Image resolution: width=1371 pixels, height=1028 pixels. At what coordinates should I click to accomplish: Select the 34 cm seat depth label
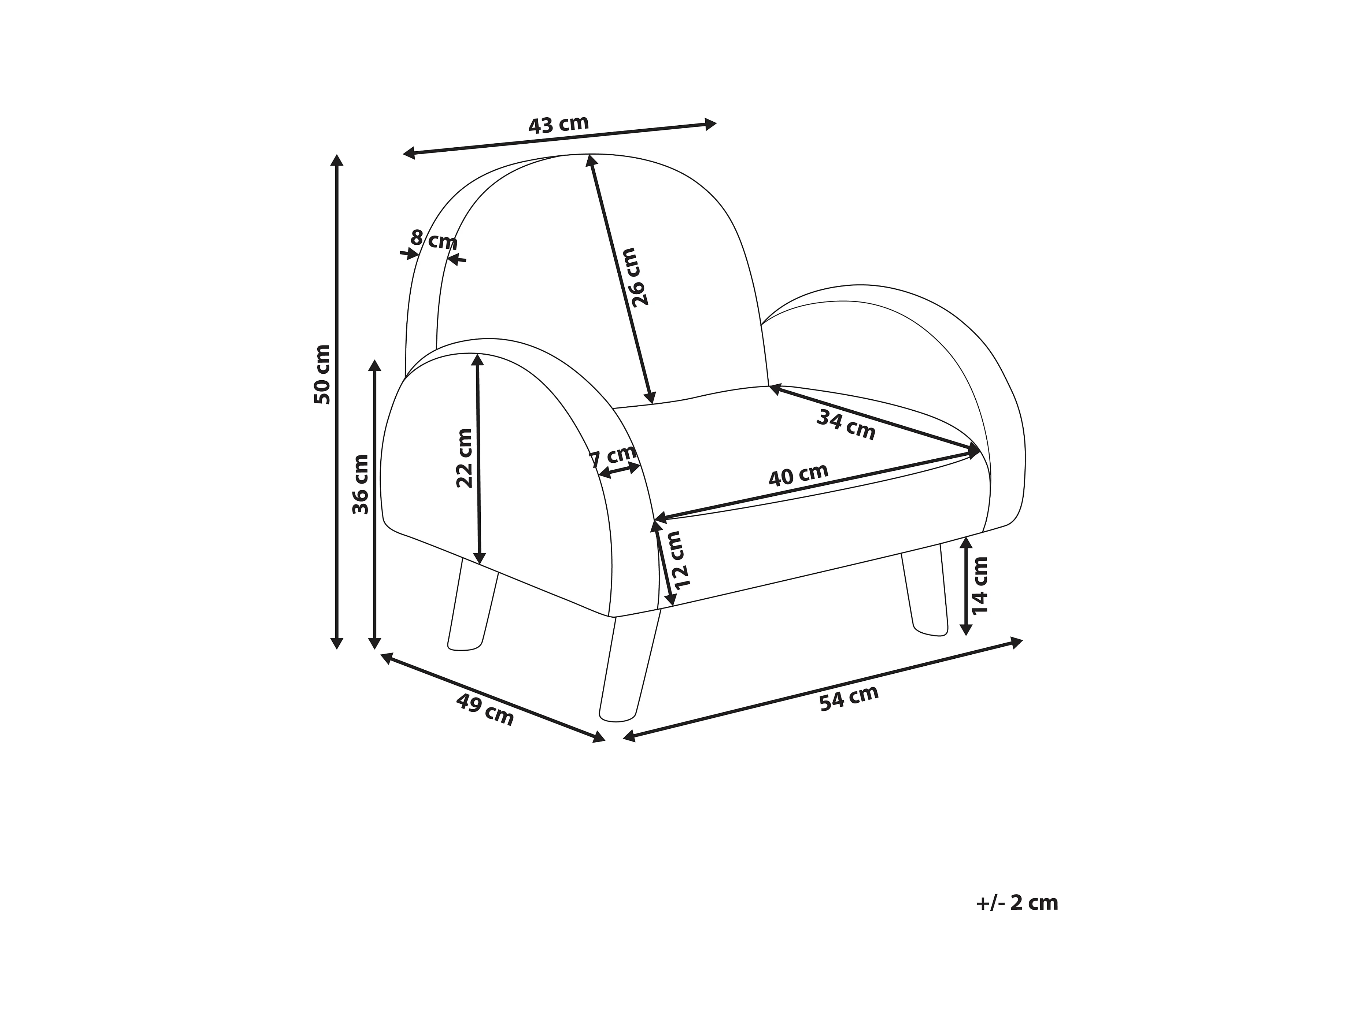coord(845,425)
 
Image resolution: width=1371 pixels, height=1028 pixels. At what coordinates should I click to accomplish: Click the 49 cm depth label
coord(485,710)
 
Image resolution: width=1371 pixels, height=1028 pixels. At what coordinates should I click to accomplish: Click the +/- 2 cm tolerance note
coord(1017,903)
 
